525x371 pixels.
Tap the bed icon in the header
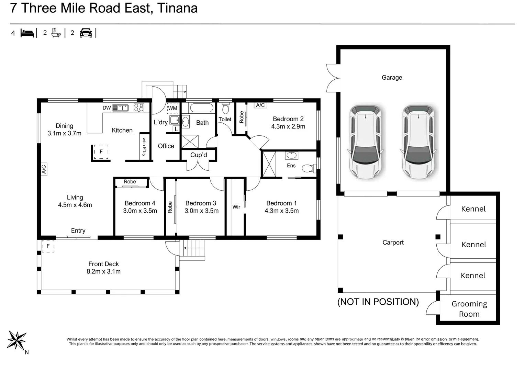pos(27,33)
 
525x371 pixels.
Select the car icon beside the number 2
pos(86,33)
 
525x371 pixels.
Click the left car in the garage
pos(365,142)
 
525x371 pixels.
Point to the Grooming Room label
pos(469,309)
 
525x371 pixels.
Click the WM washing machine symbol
pos(173,108)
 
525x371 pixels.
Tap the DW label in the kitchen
pos(107,108)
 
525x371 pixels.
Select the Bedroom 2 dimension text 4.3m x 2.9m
pos(288,126)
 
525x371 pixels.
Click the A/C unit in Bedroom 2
pos(260,105)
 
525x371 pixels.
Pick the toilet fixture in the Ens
pos(309,168)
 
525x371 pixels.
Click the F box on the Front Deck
pos(48,246)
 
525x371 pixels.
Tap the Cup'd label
pos(199,155)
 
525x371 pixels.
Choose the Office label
pos(166,146)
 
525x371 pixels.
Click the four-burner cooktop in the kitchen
pos(139,108)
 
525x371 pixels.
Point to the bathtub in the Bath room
pos(201,108)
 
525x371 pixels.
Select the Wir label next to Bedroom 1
pos(236,207)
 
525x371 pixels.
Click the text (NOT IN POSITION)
pos(378,302)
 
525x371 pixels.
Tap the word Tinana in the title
pos(177,8)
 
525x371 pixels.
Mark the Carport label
pos(393,243)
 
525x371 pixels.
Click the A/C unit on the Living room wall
pos(44,169)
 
